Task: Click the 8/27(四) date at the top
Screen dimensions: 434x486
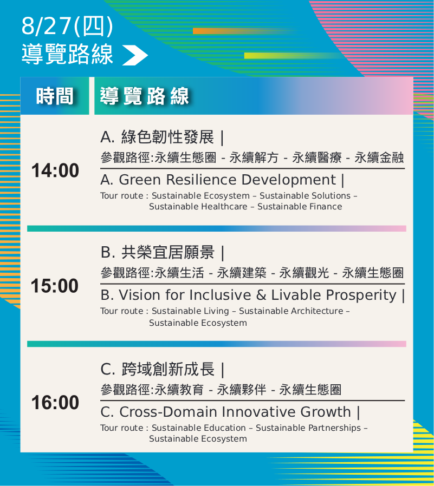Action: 67,27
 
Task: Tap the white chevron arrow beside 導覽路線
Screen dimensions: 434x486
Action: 135,55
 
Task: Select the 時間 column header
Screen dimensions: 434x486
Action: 55,96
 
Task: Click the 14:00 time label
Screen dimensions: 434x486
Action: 55,170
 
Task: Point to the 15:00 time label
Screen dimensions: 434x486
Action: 55,286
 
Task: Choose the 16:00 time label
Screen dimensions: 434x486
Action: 55,402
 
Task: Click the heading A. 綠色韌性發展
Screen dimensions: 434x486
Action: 157,137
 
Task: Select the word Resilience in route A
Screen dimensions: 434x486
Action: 202,180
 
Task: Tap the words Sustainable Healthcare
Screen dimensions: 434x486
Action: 198,206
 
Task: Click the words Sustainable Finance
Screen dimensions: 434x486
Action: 300,206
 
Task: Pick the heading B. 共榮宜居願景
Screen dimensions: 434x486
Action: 158,252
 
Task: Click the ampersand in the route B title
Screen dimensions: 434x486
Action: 261,295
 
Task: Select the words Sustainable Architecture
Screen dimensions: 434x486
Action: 291,311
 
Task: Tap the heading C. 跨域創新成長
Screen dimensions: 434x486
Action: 158,369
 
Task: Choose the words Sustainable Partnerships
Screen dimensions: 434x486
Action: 308,428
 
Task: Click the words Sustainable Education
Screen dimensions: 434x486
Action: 198,428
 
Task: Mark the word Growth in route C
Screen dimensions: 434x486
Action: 326,412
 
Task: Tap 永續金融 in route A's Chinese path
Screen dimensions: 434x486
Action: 379,157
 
